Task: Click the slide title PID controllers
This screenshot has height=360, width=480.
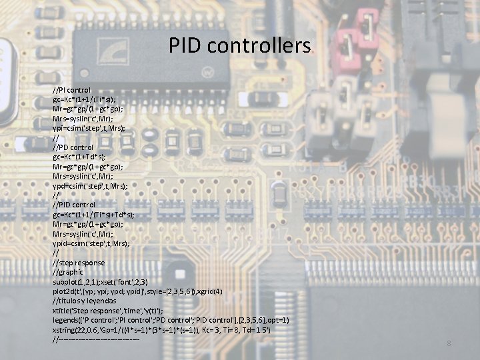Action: tap(239, 46)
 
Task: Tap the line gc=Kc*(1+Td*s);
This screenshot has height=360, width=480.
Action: tap(82, 156)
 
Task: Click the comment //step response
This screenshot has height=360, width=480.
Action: tap(78, 263)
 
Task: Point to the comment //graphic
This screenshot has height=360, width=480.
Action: tap(67, 272)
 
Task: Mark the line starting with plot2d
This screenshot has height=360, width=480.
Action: tap(137, 291)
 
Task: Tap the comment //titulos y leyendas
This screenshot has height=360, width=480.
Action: tap(85, 301)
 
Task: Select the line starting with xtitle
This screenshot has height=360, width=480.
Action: tap(107, 311)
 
